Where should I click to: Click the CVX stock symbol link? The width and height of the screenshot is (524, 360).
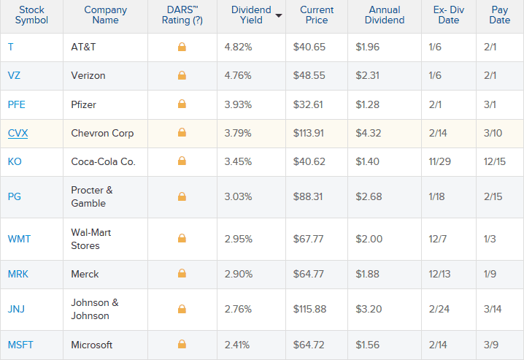pos(18,134)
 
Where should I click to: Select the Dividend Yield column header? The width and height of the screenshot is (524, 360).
pos(251,15)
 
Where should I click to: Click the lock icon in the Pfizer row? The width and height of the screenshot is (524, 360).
pos(182,104)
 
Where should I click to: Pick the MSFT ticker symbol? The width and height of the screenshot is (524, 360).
pos(20,345)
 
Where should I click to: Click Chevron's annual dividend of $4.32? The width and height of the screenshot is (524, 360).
pos(369,134)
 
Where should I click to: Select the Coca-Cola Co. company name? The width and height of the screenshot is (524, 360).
pos(103,162)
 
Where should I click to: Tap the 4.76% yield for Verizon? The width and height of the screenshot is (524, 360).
pos(239,75)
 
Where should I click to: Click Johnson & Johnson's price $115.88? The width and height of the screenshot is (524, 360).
pos(318,309)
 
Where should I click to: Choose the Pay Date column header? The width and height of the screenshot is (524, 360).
pos(499,15)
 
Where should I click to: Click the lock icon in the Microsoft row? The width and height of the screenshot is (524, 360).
pos(182,345)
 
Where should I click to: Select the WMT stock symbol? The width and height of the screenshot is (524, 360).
pos(20,239)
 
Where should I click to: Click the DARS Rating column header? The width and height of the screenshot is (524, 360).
pos(182,15)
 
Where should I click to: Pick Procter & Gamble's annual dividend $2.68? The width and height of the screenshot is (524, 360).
pos(369,196)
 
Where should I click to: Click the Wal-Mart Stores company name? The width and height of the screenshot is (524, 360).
pos(91,239)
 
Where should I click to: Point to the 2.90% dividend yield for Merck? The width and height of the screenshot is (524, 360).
pos(239,274)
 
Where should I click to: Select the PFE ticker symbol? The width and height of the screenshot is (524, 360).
pos(17,104)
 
